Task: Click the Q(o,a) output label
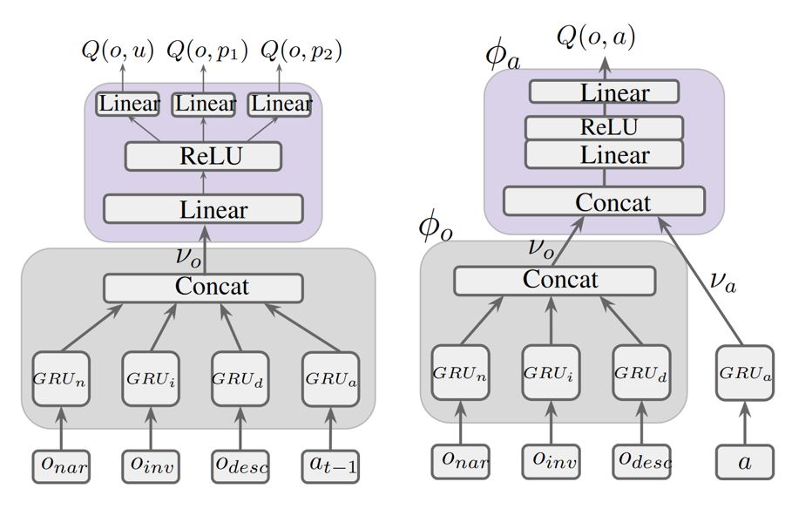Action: click(x=597, y=37)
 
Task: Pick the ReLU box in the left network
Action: click(x=203, y=157)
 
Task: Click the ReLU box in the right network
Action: click(x=603, y=127)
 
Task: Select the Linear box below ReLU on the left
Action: click(x=203, y=210)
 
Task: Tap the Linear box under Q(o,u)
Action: click(x=128, y=104)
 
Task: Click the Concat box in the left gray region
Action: click(x=203, y=287)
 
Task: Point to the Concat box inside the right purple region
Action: click(x=603, y=202)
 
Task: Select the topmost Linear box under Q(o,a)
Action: click(x=603, y=92)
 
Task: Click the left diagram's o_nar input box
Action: click(x=61, y=466)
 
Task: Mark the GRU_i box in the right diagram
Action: click(x=551, y=371)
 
